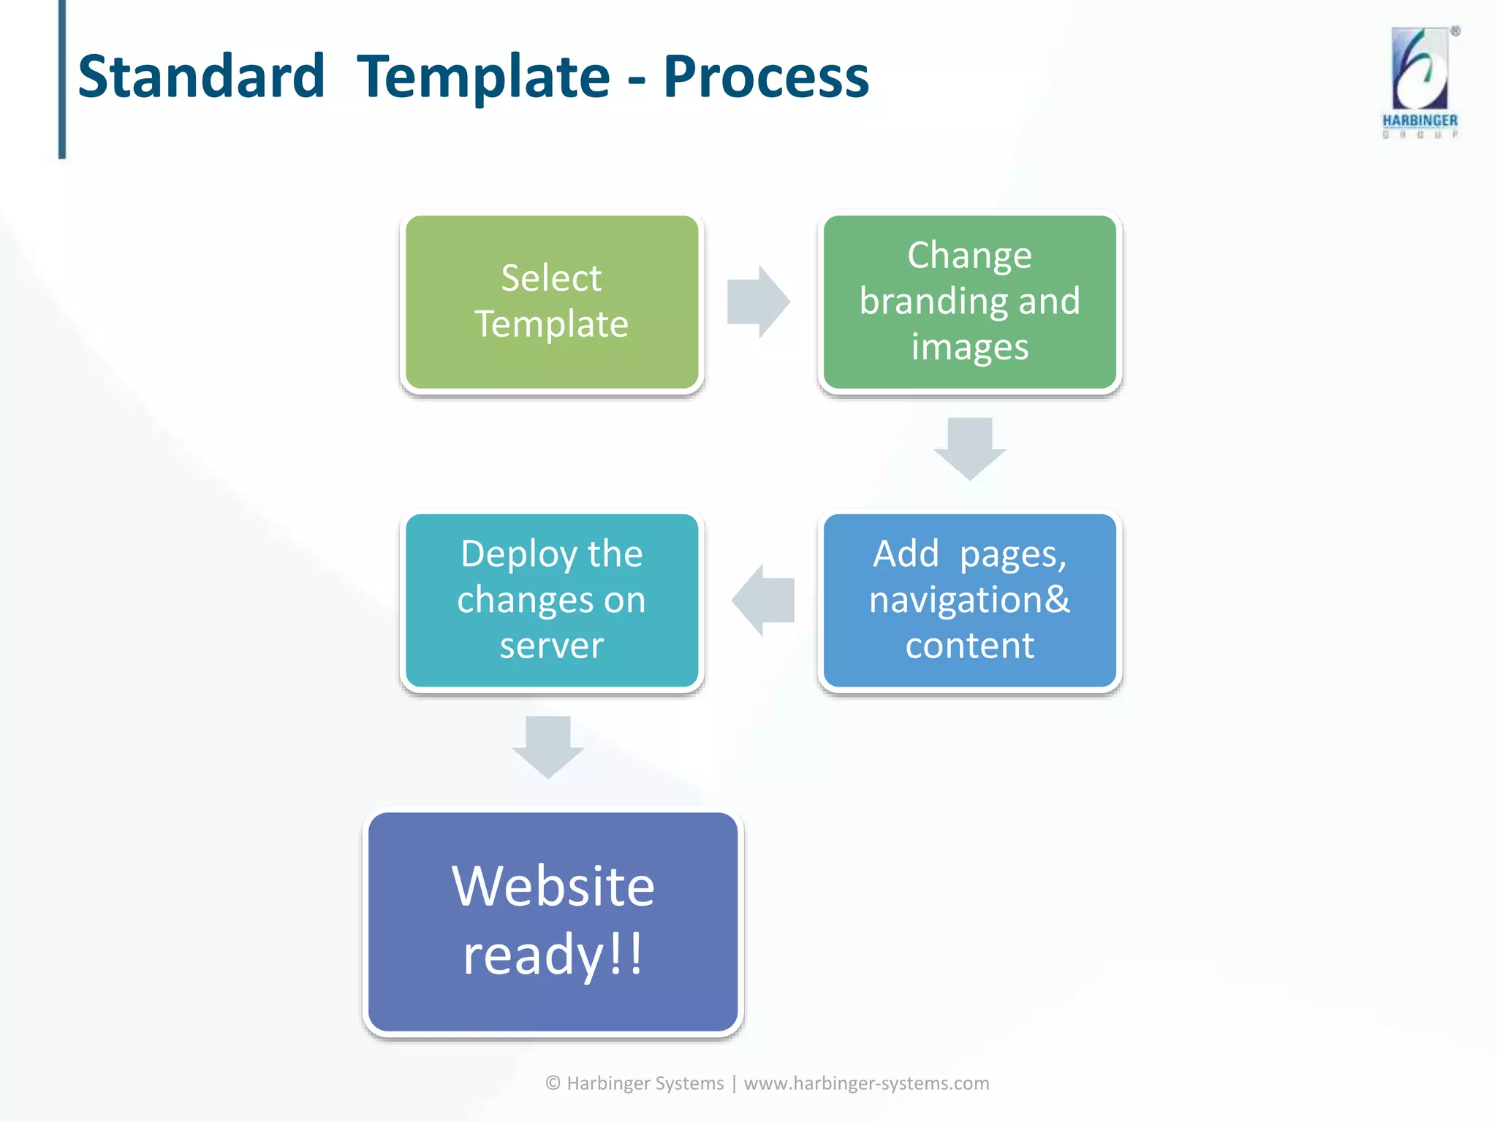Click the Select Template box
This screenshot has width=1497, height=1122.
[552, 302]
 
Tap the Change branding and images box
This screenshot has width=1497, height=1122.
[969, 302]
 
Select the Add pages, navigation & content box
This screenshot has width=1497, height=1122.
[969, 600]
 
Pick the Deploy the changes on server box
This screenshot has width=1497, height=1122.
[552, 600]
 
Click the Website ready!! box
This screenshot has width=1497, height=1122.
[553, 921]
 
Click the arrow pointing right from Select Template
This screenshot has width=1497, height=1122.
[759, 302]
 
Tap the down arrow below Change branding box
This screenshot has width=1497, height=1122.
[970, 448]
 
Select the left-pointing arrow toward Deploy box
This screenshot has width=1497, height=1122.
[763, 600]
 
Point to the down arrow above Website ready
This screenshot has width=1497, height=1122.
[548, 746]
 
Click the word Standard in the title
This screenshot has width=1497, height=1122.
[201, 77]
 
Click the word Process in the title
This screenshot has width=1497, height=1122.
[765, 77]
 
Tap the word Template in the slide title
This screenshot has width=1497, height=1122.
[483, 77]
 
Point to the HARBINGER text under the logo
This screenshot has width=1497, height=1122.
[1420, 121]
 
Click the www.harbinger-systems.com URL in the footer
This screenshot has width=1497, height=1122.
[866, 1083]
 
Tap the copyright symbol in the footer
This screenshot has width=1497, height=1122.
[553, 1083]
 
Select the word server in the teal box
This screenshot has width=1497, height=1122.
[552, 646]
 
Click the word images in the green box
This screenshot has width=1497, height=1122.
[969, 347]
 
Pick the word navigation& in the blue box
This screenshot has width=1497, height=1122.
[969, 600]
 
